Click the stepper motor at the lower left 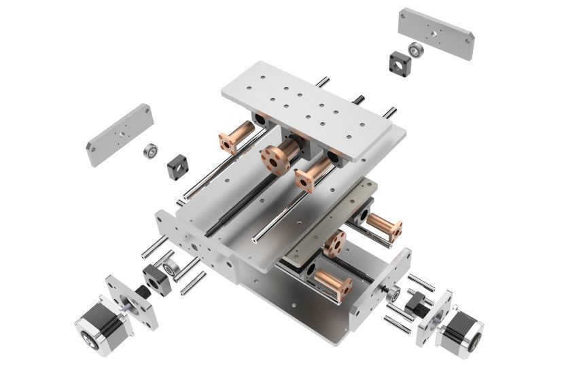(x=95, y=327)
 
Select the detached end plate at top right (x=436, y=33)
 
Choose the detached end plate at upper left (x=120, y=134)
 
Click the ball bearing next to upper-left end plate (x=151, y=151)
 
